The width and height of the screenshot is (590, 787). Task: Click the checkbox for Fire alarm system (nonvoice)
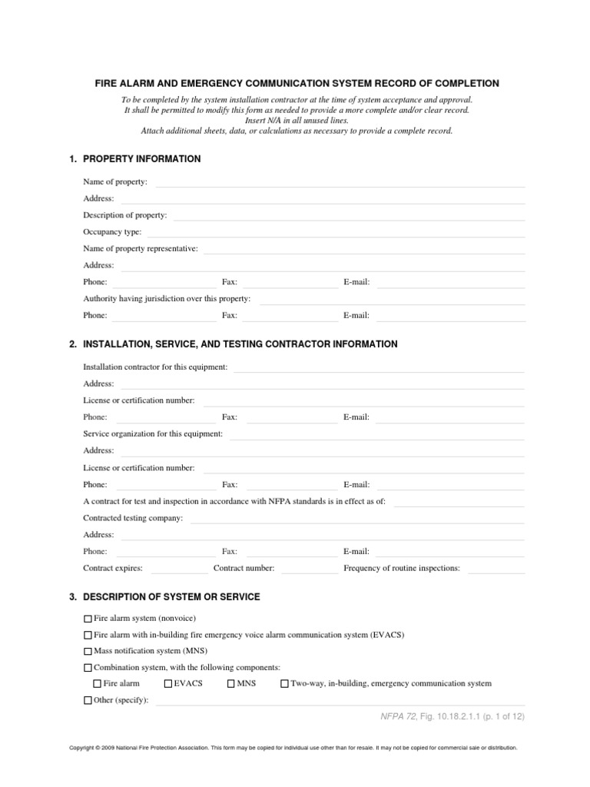pyautogui.click(x=88, y=618)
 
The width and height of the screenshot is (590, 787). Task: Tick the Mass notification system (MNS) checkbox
pyautogui.click(x=88, y=651)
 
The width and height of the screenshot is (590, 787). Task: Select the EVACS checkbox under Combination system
pyautogui.click(x=168, y=683)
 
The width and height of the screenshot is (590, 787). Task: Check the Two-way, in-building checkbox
pyautogui.click(x=284, y=683)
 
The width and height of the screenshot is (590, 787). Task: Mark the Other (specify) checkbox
pyautogui.click(x=88, y=700)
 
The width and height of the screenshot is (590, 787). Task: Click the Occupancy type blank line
pyautogui.click(x=336, y=234)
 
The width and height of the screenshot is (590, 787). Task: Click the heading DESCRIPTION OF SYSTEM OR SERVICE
pyautogui.click(x=171, y=597)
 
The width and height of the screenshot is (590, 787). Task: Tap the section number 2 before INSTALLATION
pyautogui.click(x=72, y=344)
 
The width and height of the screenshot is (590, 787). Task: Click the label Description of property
pyautogui.click(x=124, y=215)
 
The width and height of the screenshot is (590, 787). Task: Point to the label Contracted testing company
pyautogui.click(x=133, y=518)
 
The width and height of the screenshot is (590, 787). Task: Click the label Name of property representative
pyautogui.click(x=141, y=248)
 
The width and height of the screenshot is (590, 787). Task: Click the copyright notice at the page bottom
pyautogui.click(x=293, y=747)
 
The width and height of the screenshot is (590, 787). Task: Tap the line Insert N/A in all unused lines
pyautogui.click(x=297, y=121)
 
